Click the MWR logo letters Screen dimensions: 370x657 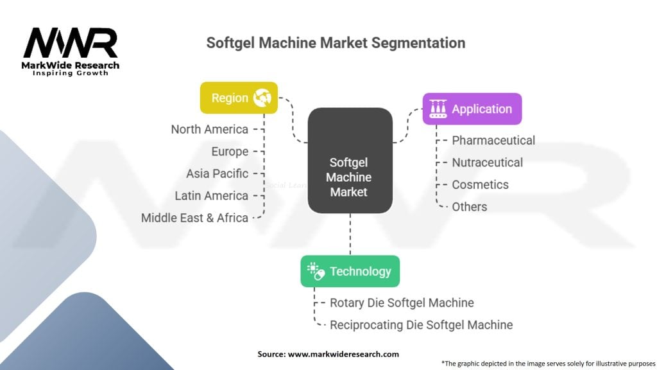pyautogui.click(x=71, y=44)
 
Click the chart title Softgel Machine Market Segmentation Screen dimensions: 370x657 pyautogui.click(x=336, y=44)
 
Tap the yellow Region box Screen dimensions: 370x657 pyautogui.click(x=239, y=98)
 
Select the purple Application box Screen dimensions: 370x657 pyautogui.click(x=472, y=109)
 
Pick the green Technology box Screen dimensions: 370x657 pyautogui.click(x=350, y=271)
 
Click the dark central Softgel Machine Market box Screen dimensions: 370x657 pyautogui.click(x=350, y=161)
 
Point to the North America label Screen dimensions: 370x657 pyautogui.click(x=209, y=129)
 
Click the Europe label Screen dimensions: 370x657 pyautogui.click(x=230, y=152)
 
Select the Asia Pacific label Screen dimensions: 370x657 pyautogui.click(x=217, y=173)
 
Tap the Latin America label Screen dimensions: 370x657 pyautogui.click(x=211, y=195)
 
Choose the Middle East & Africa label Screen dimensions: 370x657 pyautogui.click(x=194, y=218)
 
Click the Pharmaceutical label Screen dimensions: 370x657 pyautogui.click(x=493, y=140)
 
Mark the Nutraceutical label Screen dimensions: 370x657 pyautogui.click(x=487, y=163)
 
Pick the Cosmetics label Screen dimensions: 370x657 pyautogui.click(x=480, y=184)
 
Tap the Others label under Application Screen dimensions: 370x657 pyautogui.click(x=469, y=207)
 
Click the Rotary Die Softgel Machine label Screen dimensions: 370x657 pyautogui.click(x=402, y=303)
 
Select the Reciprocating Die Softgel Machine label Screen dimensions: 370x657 pyautogui.click(x=421, y=325)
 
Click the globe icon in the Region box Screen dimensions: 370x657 pyautogui.click(x=262, y=98)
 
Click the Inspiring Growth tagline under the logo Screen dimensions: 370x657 pyautogui.click(x=71, y=73)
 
